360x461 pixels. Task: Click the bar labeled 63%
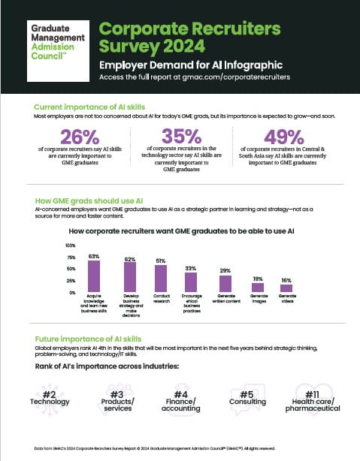click(x=94, y=276)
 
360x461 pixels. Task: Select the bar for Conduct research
click(x=160, y=280)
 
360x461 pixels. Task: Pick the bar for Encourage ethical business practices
click(x=191, y=282)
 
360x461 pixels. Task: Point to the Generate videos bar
click(x=287, y=288)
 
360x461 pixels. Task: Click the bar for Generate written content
click(x=225, y=284)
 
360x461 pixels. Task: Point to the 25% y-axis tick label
click(x=71, y=280)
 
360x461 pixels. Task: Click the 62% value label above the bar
click(x=129, y=259)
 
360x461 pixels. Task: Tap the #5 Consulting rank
click(x=247, y=396)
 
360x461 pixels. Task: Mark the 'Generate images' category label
click(x=257, y=297)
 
